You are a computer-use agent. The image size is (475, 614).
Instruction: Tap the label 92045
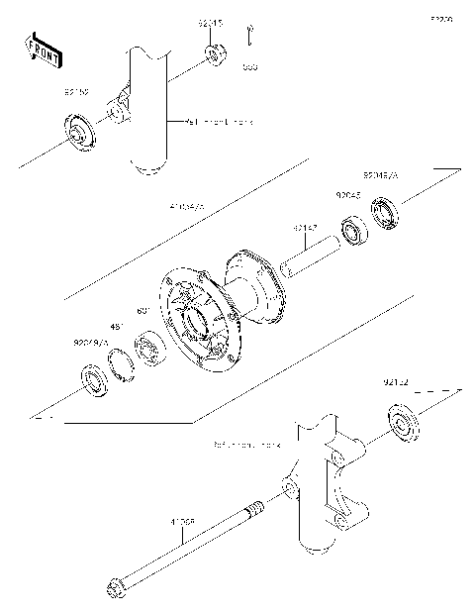(x=348, y=198)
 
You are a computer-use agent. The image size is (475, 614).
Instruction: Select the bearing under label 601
(x=150, y=349)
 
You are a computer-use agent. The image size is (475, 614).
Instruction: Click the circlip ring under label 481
(x=122, y=363)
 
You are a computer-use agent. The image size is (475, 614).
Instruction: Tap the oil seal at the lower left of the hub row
(x=94, y=380)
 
